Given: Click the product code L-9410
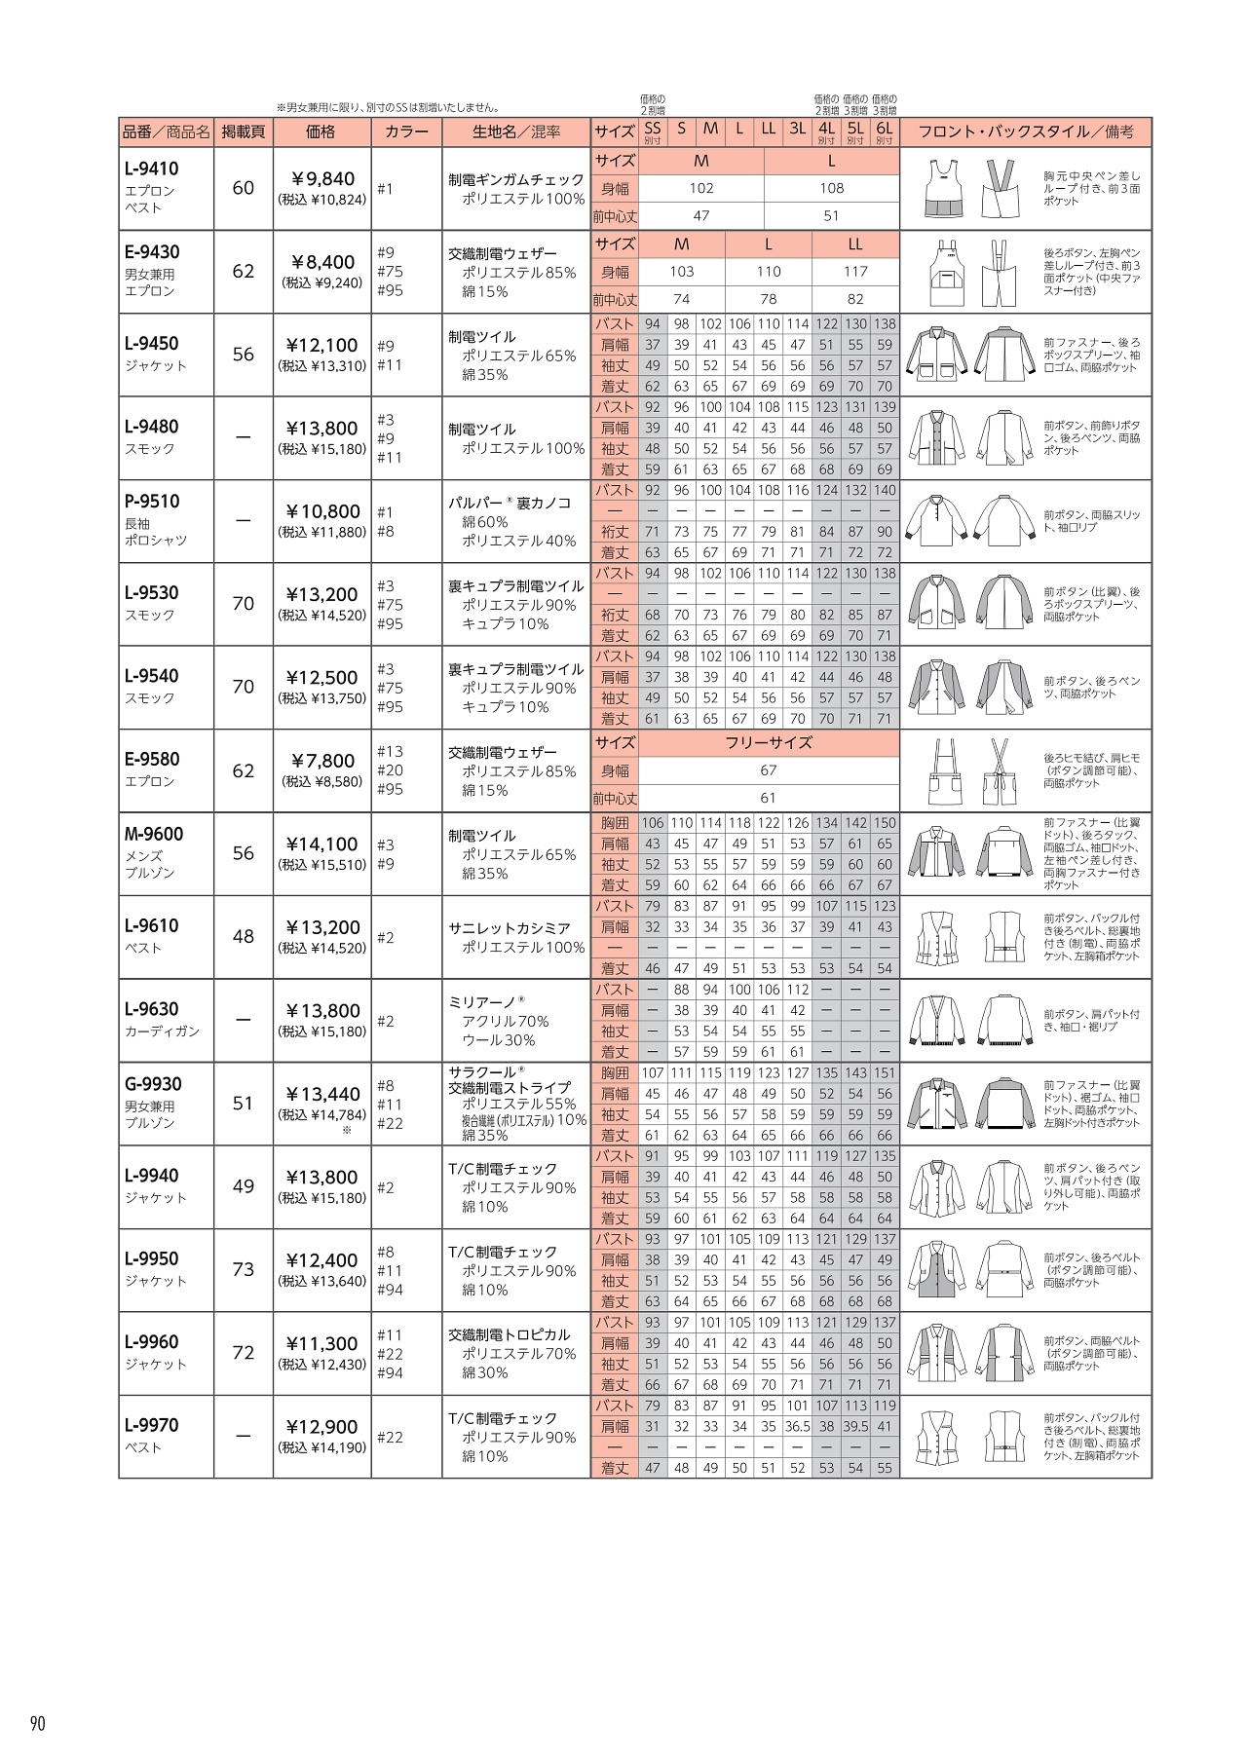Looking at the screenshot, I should [152, 169].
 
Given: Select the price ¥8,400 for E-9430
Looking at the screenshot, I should [322, 261].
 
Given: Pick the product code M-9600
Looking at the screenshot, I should [154, 834].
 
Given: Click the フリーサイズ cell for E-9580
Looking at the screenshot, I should [769, 743].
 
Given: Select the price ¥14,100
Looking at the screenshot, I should [322, 844].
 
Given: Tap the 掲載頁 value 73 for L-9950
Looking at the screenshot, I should [244, 1269].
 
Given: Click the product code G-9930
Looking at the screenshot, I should [153, 1084].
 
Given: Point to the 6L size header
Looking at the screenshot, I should [884, 129].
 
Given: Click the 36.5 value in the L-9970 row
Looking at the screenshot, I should [797, 1426].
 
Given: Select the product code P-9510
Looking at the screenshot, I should [152, 502].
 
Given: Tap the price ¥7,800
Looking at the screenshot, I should [322, 761].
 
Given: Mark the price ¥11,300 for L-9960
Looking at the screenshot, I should [322, 1343].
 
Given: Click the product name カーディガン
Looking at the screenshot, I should [163, 1031].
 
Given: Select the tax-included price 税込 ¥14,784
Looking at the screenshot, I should [322, 1114].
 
